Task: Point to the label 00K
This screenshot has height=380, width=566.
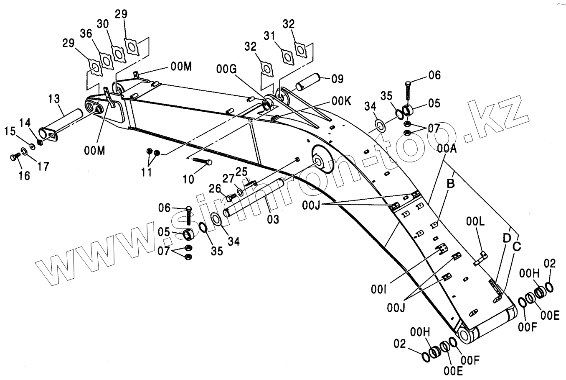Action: (x=341, y=101)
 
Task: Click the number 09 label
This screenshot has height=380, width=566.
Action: (x=337, y=78)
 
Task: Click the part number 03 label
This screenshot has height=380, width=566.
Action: (x=273, y=218)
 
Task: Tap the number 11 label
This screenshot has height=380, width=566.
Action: (x=146, y=172)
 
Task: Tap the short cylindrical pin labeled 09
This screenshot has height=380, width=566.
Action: (x=308, y=82)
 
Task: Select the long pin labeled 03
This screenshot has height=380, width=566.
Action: (x=255, y=197)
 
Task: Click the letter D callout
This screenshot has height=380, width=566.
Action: (x=506, y=238)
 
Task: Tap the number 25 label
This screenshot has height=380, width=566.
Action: (x=241, y=172)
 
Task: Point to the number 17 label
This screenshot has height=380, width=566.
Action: (x=43, y=166)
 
